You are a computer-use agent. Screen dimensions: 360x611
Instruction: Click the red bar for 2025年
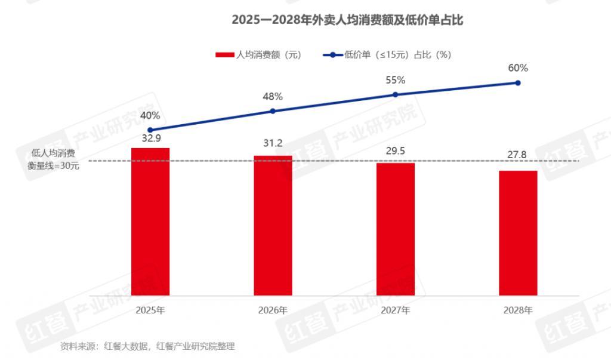150,221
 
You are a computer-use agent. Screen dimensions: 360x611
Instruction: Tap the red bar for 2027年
396,229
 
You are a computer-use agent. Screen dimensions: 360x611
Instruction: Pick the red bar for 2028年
518,233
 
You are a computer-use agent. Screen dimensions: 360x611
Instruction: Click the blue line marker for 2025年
150,130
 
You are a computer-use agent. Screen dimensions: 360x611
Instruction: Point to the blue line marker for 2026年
273,111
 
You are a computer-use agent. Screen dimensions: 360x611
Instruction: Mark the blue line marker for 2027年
396,95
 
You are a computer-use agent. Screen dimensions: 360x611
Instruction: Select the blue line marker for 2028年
518,83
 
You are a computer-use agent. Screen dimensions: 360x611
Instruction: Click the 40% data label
150,116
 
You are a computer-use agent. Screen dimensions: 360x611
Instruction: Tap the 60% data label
518,68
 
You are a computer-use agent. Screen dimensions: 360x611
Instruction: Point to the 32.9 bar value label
150,139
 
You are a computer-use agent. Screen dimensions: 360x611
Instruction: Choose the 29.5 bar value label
396,151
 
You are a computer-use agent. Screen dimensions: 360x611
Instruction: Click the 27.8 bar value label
518,155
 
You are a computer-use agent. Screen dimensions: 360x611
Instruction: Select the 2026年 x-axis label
273,310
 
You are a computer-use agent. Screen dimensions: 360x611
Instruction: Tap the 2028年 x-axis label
518,310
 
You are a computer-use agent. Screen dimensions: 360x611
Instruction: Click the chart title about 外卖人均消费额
348,20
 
